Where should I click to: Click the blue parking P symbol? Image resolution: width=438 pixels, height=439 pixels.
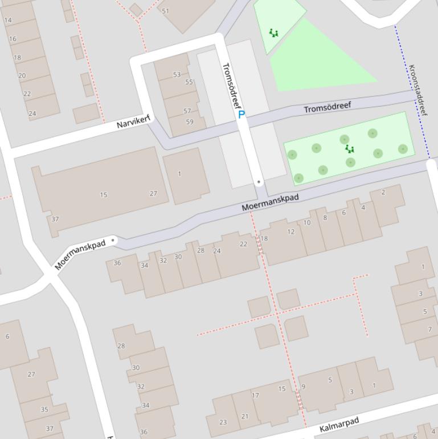click(241, 115)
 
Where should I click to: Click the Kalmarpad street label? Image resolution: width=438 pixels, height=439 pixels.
click(339, 425)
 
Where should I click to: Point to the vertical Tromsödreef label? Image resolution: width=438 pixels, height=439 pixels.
click(232, 86)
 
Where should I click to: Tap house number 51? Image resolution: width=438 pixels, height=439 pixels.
click(166, 11)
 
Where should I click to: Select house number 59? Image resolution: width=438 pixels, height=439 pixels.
click(189, 121)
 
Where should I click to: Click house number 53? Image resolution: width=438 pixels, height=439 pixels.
click(177, 74)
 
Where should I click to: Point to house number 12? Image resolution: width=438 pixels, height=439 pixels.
click(291, 231)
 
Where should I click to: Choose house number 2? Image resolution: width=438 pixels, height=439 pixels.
click(383, 192)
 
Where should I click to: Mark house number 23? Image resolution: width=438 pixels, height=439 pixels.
click(223, 422)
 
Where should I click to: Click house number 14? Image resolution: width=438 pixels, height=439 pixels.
click(8, 21)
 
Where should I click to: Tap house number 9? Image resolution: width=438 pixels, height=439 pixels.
click(303, 387)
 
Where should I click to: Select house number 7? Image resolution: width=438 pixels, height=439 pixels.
click(429, 329)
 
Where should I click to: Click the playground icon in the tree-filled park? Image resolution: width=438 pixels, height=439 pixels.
click(350, 149)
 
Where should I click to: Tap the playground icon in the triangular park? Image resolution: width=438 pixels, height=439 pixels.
click(274, 33)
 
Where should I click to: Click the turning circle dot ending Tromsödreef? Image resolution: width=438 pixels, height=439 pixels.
click(259, 182)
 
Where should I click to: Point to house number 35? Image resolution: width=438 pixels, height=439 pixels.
click(44, 409)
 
